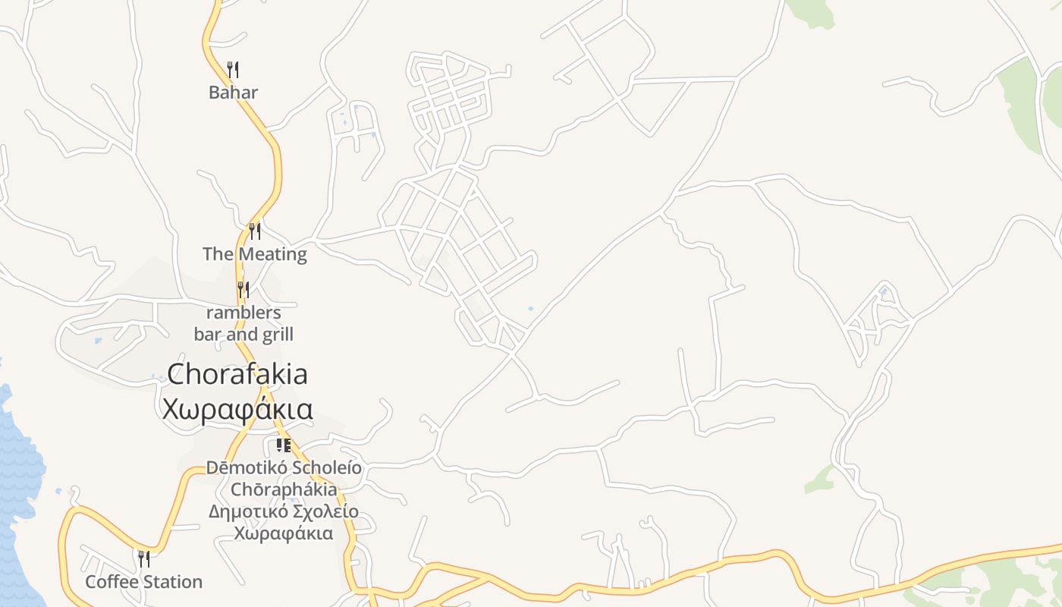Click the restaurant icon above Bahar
pos(233,70)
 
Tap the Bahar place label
pos(234,93)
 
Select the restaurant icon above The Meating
pos(255,231)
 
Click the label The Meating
pos(255,254)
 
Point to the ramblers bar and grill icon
pos(243,289)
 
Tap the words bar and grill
pos(244,334)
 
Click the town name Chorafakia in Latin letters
pos(237,374)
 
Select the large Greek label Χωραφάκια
pos(237,409)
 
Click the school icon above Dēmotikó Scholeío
pos(284,445)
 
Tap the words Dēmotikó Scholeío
pos(284,467)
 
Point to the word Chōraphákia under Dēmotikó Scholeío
pos(284,489)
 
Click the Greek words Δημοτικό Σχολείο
pos(284,511)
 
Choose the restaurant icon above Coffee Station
pos(143,559)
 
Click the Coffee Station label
pos(143,582)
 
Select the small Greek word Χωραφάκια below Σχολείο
pos(284,533)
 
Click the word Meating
pos(272,254)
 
